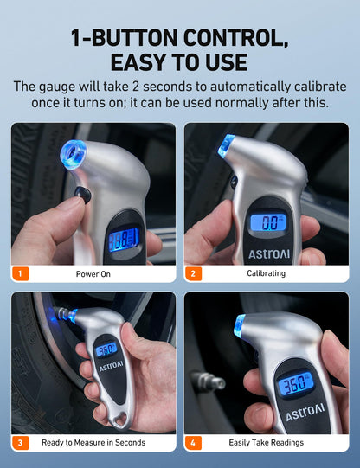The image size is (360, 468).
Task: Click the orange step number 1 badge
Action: (x=21, y=274)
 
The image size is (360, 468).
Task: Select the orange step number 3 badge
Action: (x=21, y=442)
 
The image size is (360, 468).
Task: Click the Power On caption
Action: (x=93, y=274)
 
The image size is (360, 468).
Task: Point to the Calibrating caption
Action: (x=266, y=274)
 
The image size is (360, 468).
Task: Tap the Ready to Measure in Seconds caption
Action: (x=93, y=442)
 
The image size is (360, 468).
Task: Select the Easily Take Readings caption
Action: (x=267, y=442)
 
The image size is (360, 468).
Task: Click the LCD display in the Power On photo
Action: (x=124, y=238)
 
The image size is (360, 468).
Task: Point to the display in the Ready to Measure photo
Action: (x=106, y=350)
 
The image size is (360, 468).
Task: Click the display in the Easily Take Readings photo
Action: (x=295, y=383)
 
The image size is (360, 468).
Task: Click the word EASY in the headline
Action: (x=148, y=63)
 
